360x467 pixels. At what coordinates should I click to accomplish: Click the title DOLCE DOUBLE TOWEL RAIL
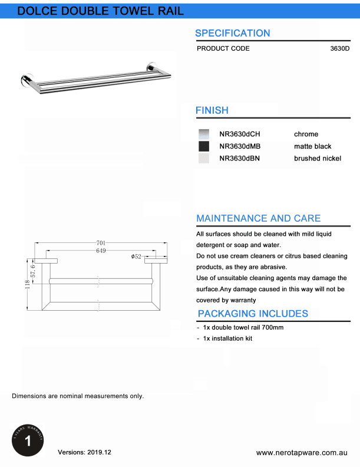(x=100, y=11)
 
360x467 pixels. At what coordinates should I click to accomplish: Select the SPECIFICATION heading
(x=232, y=33)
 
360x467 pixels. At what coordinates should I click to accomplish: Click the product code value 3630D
(x=340, y=48)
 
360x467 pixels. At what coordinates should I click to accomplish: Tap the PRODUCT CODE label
(x=223, y=48)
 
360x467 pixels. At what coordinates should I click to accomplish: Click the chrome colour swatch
(x=204, y=134)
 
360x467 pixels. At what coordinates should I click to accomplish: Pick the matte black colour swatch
(x=204, y=146)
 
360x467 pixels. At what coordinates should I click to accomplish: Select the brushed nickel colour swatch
(x=204, y=158)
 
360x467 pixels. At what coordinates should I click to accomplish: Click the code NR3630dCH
(x=239, y=134)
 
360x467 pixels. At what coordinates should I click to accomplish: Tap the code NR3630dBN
(x=239, y=158)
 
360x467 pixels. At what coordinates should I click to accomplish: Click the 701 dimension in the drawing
(x=101, y=242)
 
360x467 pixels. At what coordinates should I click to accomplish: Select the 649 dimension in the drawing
(x=101, y=251)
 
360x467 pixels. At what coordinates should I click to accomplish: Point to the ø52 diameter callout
(x=136, y=257)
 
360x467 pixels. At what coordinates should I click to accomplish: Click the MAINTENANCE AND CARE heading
(x=258, y=218)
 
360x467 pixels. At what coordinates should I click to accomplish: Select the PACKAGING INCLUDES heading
(x=253, y=314)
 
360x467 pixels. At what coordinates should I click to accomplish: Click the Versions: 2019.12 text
(x=84, y=452)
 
